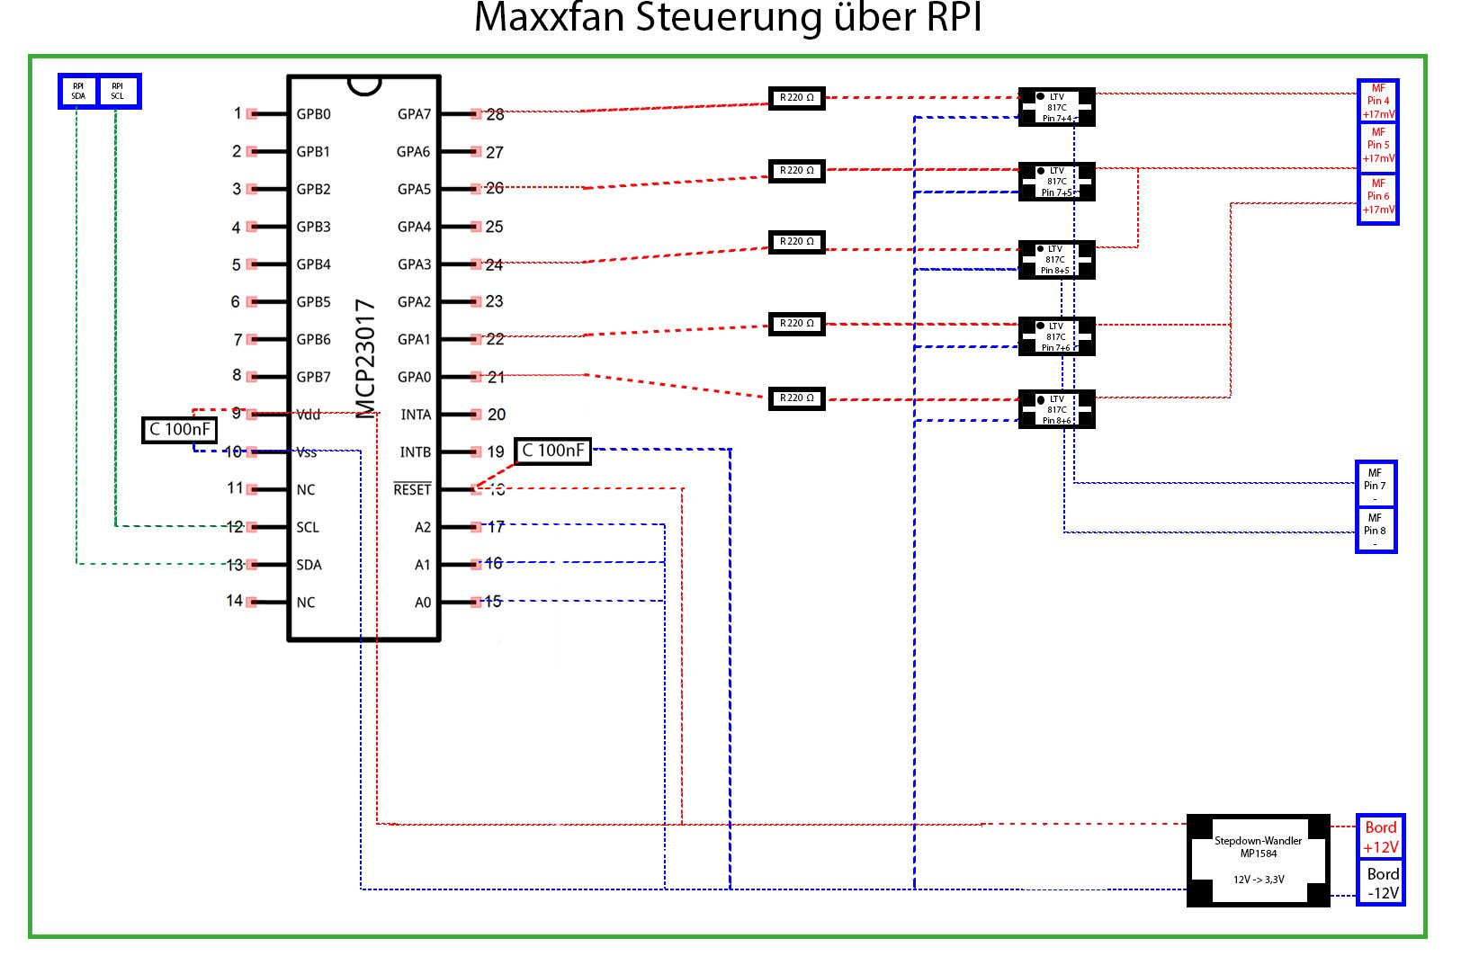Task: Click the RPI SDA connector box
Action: click(78, 91)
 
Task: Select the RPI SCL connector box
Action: click(118, 91)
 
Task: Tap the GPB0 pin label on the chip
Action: click(313, 114)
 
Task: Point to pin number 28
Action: click(495, 114)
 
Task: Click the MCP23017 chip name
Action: click(365, 359)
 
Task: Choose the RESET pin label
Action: click(412, 489)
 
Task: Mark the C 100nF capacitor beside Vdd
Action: click(180, 430)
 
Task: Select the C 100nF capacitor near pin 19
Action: click(552, 451)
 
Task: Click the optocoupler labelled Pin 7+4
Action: click(1056, 107)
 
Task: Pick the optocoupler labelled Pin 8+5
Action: click(1056, 259)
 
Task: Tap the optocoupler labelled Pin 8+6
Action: click(1056, 409)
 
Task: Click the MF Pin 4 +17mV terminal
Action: click(1377, 102)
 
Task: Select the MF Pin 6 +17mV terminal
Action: click(1377, 197)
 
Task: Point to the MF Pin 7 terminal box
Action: click(1376, 484)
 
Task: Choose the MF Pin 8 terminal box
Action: click(1376, 530)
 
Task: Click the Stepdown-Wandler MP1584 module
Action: click(1258, 860)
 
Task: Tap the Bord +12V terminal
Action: click(1380, 837)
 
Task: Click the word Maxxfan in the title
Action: click(550, 18)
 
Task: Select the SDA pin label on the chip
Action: click(309, 565)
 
